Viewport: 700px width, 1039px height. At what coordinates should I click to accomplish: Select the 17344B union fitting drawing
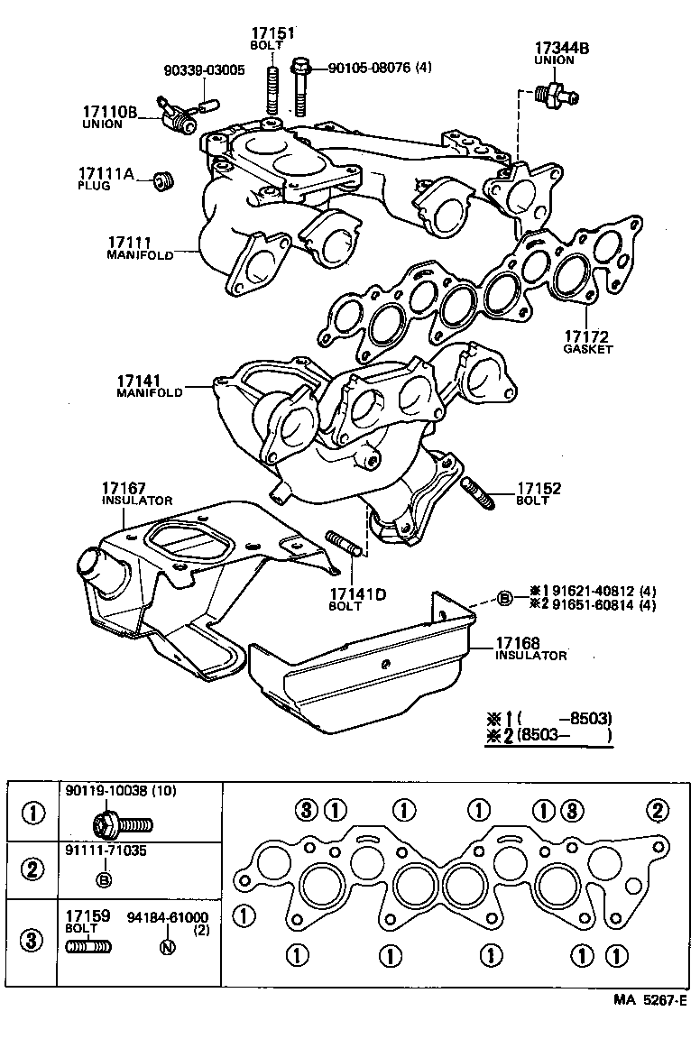point(552,93)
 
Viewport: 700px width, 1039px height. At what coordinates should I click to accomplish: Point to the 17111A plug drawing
point(163,180)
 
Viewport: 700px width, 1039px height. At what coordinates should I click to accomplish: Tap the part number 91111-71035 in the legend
point(106,851)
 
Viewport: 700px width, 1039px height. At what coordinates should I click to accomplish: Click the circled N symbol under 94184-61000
point(164,947)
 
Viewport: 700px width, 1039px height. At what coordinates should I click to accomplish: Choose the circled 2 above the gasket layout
point(658,809)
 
